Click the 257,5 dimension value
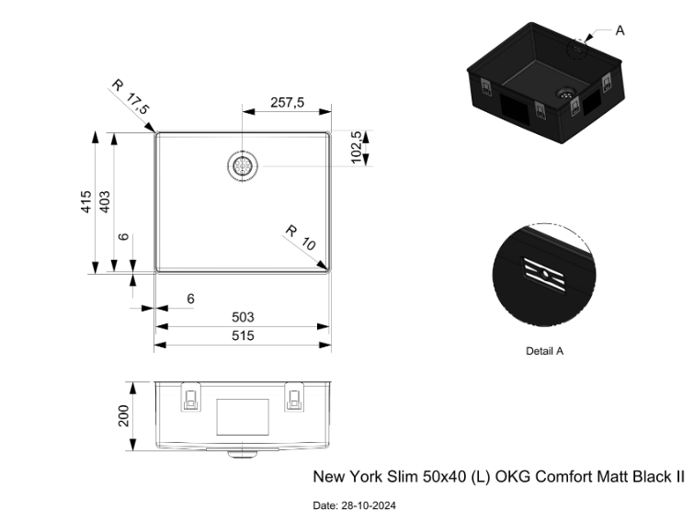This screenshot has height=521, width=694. pyautogui.click(x=287, y=103)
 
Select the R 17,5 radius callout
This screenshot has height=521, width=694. pyautogui.click(x=131, y=96)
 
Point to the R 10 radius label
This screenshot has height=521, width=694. pyautogui.click(x=301, y=237)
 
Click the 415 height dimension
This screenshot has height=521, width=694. pyautogui.click(x=85, y=201)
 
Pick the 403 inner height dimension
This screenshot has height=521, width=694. pyautogui.click(x=105, y=201)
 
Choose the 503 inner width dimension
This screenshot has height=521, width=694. pyautogui.click(x=243, y=317)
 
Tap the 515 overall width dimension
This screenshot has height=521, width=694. pyautogui.click(x=243, y=335)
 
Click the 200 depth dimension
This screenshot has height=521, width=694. pyautogui.click(x=123, y=415)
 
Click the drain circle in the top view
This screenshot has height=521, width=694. pyautogui.click(x=243, y=165)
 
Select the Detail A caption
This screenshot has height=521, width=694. pyautogui.click(x=544, y=351)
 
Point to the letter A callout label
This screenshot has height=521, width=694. pyautogui.click(x=620, y=30)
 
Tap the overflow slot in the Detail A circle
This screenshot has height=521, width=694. pyautogui.click(x=545, y=275)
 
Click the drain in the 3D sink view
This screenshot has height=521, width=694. pyautogui.click(x=565, y=93)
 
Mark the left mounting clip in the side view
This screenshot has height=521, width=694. pyautogui.click(x=191, y=397)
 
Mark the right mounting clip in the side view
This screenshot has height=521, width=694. pyautogui.click(x=294, y=397)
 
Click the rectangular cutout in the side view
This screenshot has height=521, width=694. pyautogui.click(x=243, y=417)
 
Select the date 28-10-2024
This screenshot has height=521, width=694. pyautogui.click(x=369, y=505)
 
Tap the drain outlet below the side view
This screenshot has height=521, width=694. pyautogui.click(x=243, y=454)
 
